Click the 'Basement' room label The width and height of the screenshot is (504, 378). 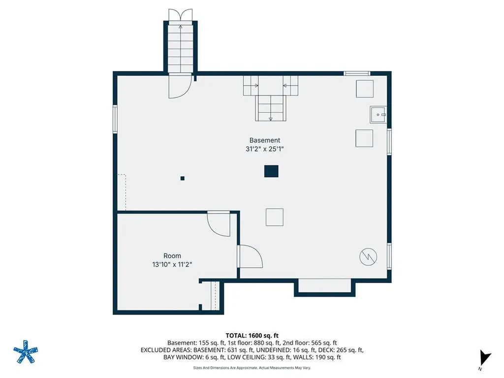coord(264,140)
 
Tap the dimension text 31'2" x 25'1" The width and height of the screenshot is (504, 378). coord(264,149)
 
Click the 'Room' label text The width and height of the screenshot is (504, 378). coord(172,256)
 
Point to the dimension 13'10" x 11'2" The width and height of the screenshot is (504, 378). coord(172,264)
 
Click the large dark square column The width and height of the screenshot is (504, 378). coord(271,171)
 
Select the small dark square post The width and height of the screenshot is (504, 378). coord(182,178)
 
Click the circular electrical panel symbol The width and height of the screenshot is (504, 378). coord(368,257)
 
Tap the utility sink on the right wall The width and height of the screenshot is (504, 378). coord(378,115)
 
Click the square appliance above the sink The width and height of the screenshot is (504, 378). coord(365,89)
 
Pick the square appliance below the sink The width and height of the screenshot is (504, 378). coord(364,138)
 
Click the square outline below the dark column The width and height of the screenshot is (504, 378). coord(275,217)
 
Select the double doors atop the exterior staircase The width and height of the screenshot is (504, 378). coord(180,15)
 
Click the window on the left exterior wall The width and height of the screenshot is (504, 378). coord(115,119)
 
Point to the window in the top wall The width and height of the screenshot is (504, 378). coord(357,74)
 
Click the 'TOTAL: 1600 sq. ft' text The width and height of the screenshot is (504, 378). coord(252,336)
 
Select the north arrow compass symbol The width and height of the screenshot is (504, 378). coord(485,359)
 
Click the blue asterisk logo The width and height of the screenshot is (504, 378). coord(26,352)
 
